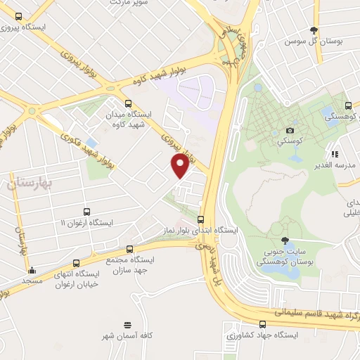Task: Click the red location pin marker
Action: [181, 165]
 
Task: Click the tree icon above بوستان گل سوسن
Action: [314, 30]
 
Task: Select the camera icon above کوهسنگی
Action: [290, 130]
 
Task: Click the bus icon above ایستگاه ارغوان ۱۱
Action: [86, 211]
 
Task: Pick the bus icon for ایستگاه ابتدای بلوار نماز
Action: [202, 219]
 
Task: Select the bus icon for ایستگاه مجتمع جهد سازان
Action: [129, 249]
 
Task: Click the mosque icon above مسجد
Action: [32, 270]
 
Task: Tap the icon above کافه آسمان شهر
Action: [127, 325]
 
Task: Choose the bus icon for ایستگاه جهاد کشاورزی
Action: [262, 324]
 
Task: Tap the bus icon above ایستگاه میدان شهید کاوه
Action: [127, 102]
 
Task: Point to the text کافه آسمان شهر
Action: [127, 337]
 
